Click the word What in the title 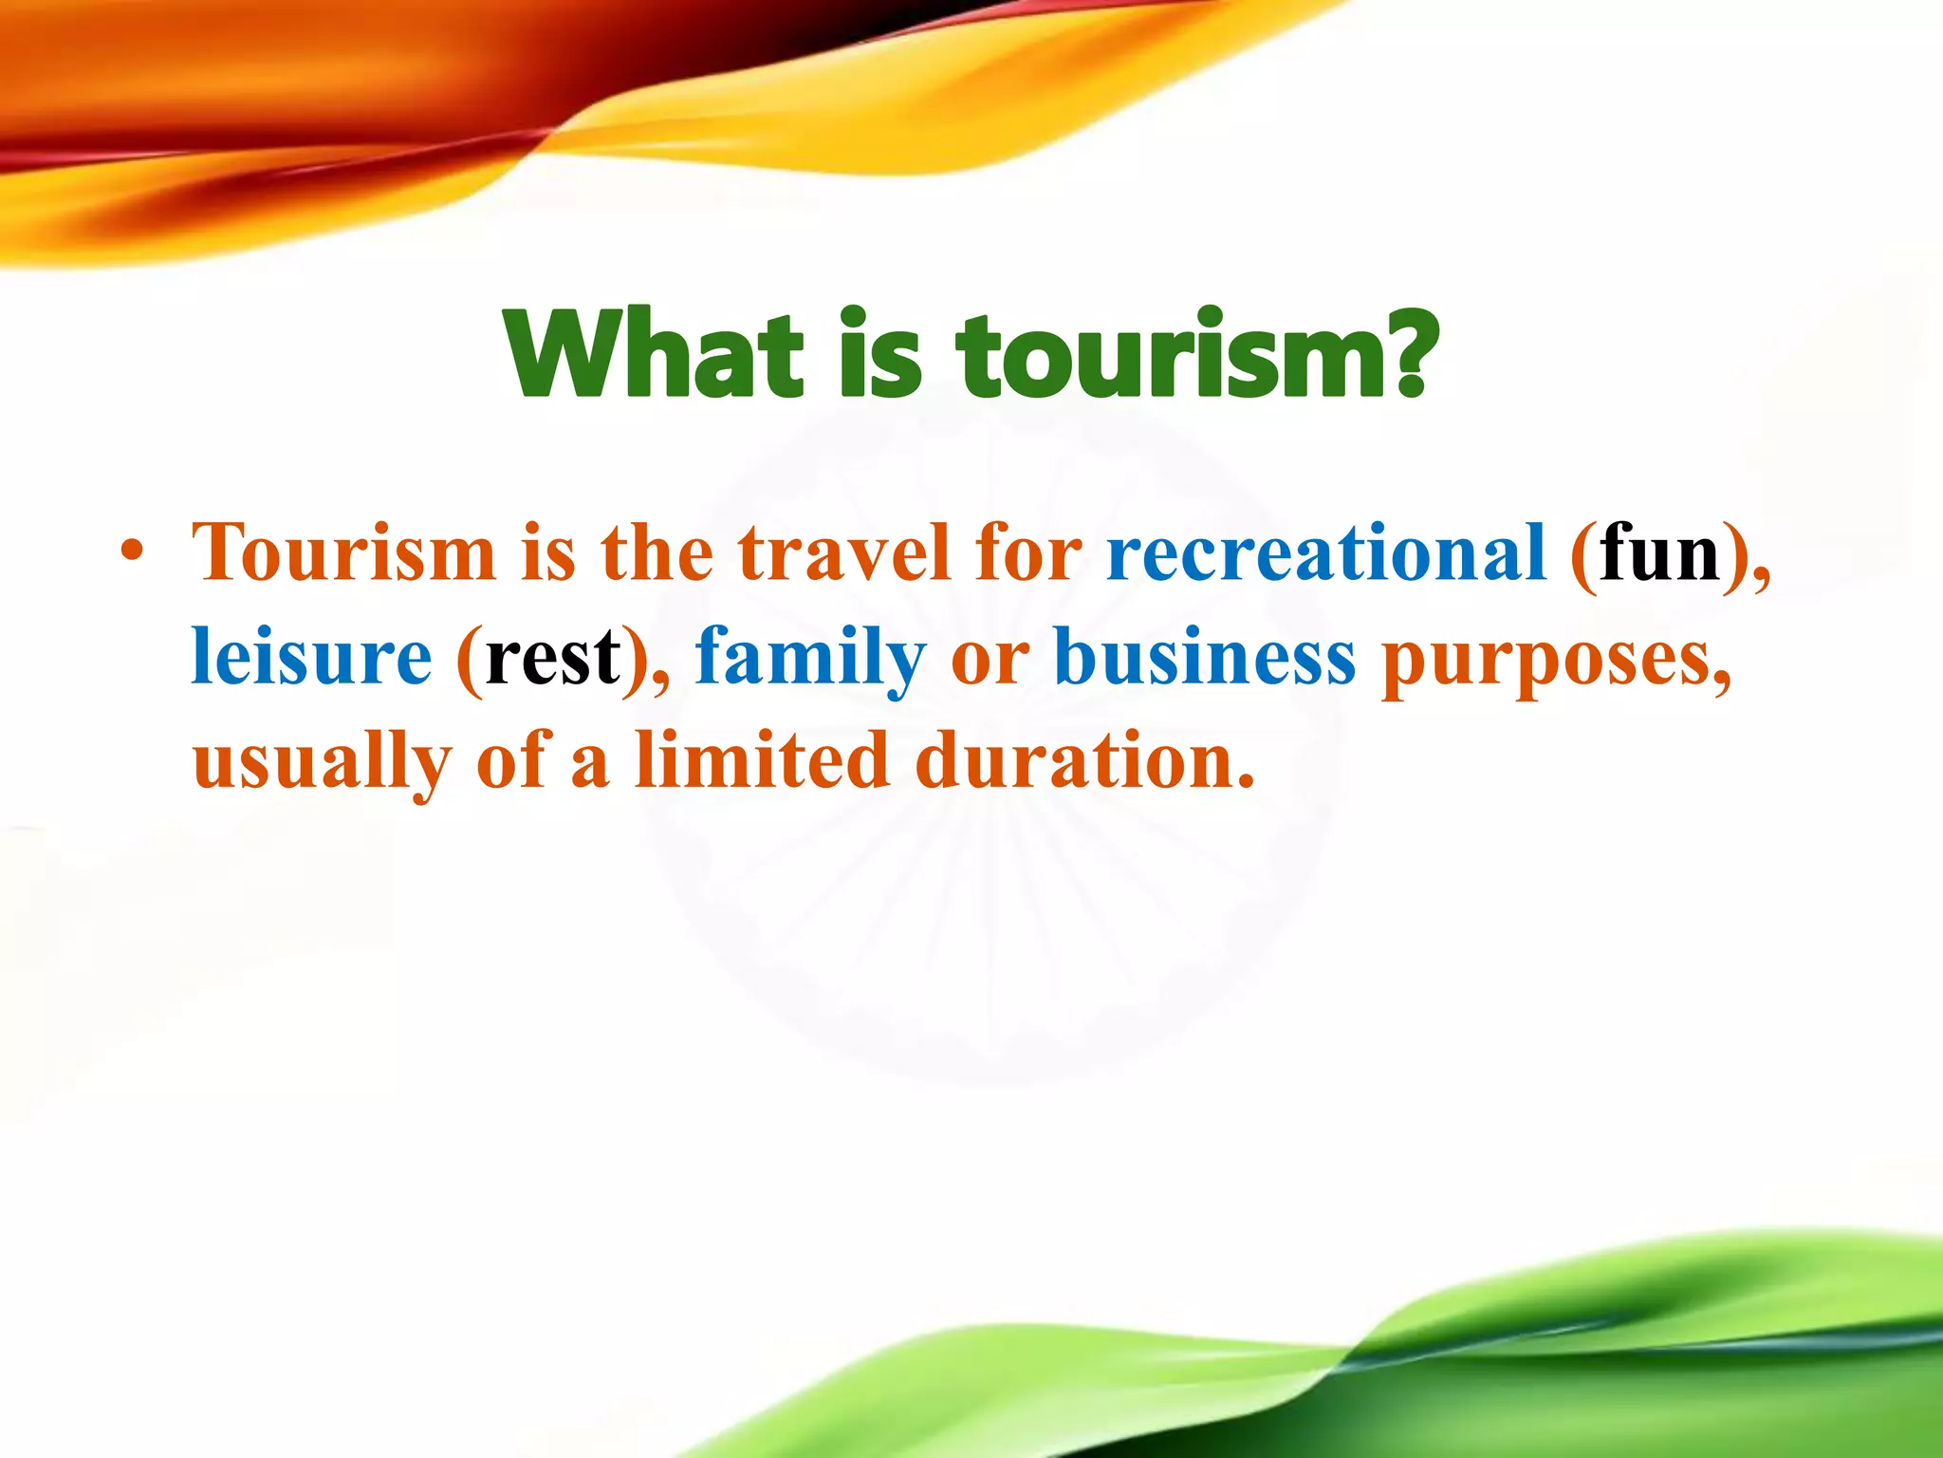655,353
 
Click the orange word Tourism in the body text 343,552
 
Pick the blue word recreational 1326,552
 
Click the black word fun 1659,552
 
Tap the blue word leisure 311,657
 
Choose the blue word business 1205,657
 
